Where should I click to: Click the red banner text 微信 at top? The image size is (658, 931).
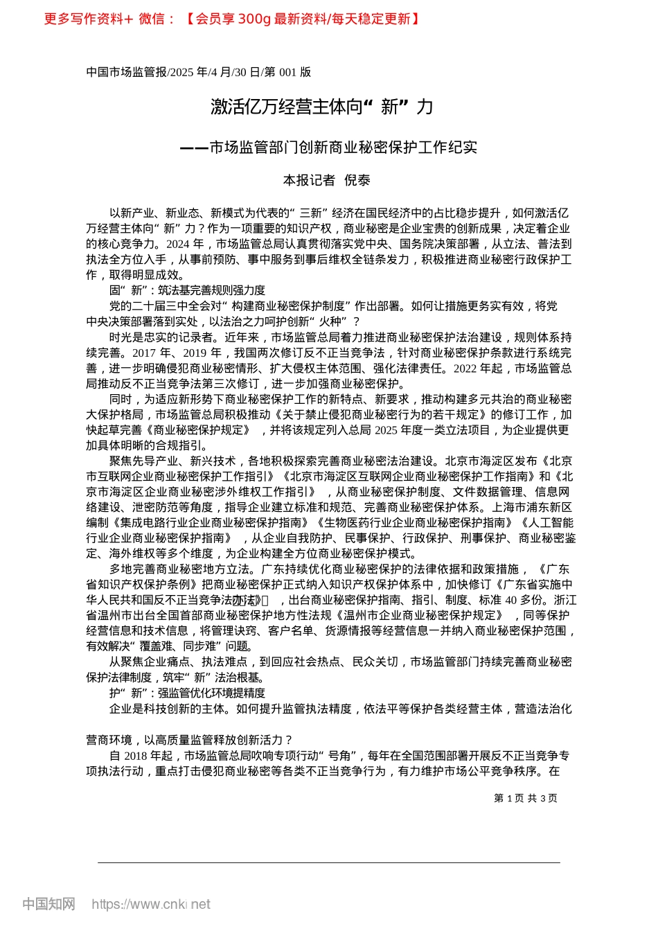pyautogui.click(x=152, y=19)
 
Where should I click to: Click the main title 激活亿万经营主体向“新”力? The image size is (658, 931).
pyautogui.click(x=322, y=107)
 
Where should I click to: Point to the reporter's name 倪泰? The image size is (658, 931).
pyautogui.click(x=357, y=180)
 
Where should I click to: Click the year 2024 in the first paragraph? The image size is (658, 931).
pyautogui.click(x=177, y=244)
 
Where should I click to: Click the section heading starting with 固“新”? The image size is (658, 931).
pyautogui.click(x=187, y=290)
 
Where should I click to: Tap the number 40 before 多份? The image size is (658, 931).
pyautogui.click(x=510, y=600)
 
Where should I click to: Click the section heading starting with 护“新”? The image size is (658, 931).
pyautogui.click(x=187, y=693)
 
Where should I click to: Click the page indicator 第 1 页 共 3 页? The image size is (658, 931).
pyautogui.click(x=525, y=798)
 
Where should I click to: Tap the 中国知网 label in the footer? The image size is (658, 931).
pyautogui.click(x=48, y=904)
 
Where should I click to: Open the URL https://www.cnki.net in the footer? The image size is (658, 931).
pyautogui.click(x=151, y=904)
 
